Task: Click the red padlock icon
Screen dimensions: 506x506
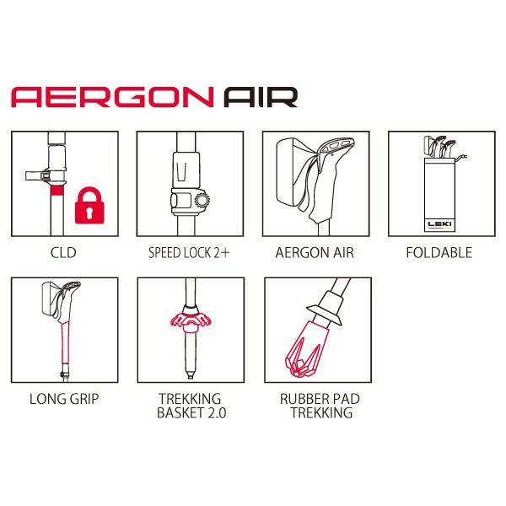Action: pyautogui.click(x=89, y=206)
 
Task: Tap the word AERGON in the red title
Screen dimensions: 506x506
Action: pyautogui.click(x=112, y=97)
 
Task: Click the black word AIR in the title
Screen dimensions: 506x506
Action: pyautogui.click(x=261, y=97)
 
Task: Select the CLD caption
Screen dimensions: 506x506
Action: pyautogui.click(x=63, y=253)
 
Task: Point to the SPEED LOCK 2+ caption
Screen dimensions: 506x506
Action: pyautogui.click(x=189, y=253)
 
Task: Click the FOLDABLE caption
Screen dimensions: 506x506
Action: pyautogui.click(x=439, y=253)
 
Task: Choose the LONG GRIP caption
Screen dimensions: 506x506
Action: pyautogui.click(x=64, y=399)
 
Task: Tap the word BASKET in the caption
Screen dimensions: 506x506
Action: pyautogui.click(x=178, y=412)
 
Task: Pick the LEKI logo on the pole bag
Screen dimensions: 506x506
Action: pyautogui.click(x=439, y=224)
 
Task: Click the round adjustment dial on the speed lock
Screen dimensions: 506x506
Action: pyautogui.click(x=202, y=200)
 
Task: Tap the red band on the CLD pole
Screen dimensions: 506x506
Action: pyautogui.click(x=57, y=191)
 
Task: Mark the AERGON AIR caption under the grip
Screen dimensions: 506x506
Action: pyautogui.click(x=315, y=253)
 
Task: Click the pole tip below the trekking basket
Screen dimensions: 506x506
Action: pyautogui.click(x=191, y=375)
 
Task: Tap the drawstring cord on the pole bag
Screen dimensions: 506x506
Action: pyautogui.click(x=460, y=158)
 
